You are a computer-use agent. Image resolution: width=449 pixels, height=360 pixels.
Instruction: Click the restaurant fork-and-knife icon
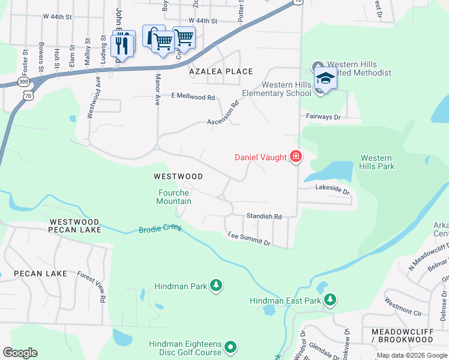[x=122, y=44]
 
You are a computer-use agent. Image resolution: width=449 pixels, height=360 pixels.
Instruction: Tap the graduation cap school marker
[x=325, y=79]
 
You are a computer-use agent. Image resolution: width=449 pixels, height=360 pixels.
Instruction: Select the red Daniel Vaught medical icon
[x=295, y=157]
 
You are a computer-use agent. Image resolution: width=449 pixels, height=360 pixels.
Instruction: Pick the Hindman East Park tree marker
[x=330, y=299]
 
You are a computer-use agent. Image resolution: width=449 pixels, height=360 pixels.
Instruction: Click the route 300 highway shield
[x=23, y=81]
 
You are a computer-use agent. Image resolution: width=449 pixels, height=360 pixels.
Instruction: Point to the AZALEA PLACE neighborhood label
[x=221, y=71]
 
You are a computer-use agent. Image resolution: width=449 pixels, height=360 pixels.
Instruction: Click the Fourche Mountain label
[x=175, y=197]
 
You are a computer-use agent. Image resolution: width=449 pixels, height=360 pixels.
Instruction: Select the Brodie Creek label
[x=159, y=229]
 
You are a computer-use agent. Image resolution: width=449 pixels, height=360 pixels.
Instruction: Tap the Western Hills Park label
[x=377, y=162]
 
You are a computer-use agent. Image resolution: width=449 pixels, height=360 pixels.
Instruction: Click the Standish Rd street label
[x=264, y=216]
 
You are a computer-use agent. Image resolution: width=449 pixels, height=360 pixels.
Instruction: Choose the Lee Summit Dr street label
[x=249, y=239]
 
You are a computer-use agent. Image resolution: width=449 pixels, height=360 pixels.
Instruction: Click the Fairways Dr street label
[x=323, y=117]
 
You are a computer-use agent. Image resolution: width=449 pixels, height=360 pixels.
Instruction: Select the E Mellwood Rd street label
[x=193, y=96]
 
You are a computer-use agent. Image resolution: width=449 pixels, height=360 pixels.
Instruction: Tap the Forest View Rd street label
[x=92, y=286]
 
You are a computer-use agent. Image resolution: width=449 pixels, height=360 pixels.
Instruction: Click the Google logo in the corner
[x=20, y=353]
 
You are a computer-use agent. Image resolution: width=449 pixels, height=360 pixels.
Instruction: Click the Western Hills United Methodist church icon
[x=317, y=65]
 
